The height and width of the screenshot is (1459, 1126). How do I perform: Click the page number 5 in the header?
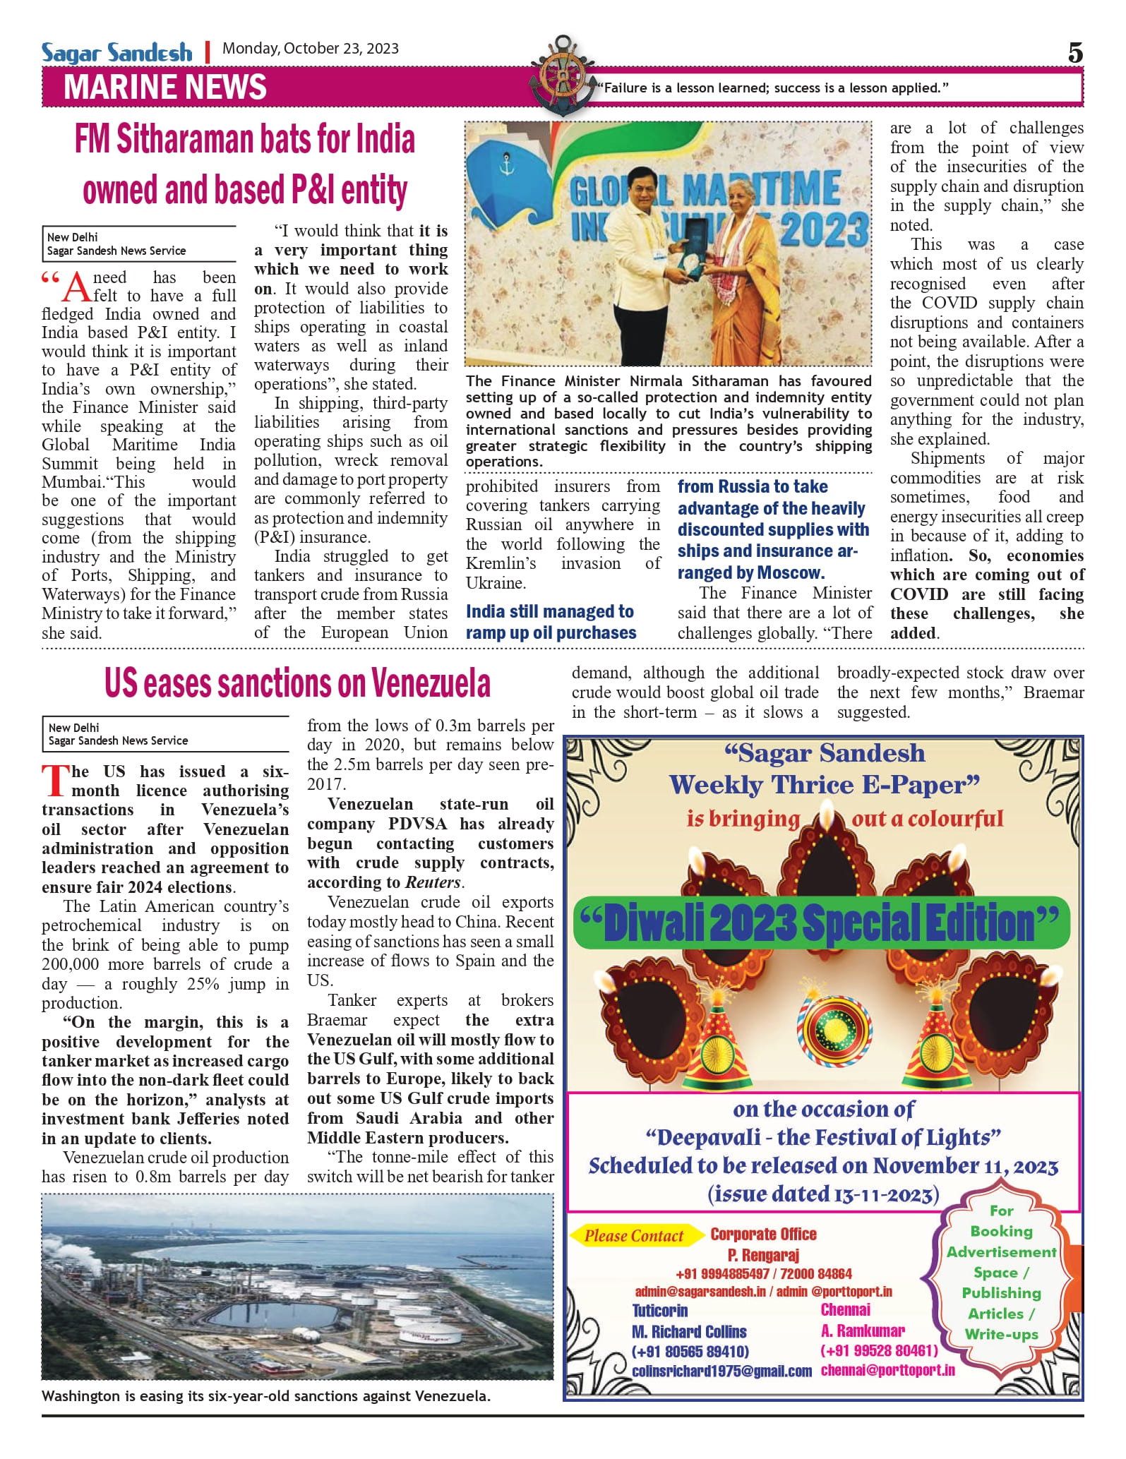coord(1074,53)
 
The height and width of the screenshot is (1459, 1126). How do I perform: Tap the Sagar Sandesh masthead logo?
coord(116,53)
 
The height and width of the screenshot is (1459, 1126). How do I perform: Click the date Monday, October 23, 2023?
coord(311,49)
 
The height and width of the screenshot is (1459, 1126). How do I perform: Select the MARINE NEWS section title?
coord(165,87)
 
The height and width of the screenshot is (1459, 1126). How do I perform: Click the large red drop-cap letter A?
coord(77,287)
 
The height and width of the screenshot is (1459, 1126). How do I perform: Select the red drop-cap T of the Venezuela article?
coord(54,780)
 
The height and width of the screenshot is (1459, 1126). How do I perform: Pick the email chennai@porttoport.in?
coord(887,1370)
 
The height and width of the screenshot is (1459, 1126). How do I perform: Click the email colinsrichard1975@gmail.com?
coord(721,1371)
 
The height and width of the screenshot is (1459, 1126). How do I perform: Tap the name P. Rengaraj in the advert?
coord(763,1255)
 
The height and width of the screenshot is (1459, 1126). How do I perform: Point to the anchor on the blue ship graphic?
coord(505,167)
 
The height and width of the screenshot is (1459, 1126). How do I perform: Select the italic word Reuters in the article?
coord(433,882)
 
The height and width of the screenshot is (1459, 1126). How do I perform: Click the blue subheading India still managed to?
coord(550,611)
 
